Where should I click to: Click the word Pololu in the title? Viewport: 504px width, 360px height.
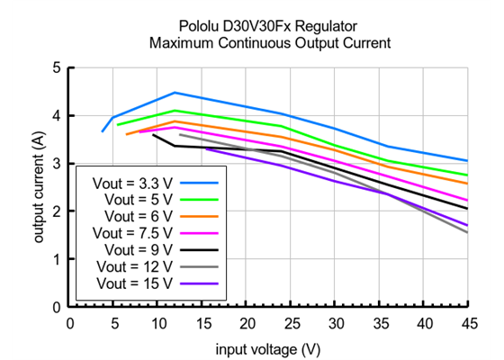[196, 26]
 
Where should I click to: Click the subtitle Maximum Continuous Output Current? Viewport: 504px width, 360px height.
[268, 42]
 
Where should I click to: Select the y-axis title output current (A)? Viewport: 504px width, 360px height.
[40, 187]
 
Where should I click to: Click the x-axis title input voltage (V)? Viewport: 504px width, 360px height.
[268, 347]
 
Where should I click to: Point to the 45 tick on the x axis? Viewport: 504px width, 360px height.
[467, 322]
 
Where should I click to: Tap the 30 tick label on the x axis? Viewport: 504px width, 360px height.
[335, 322]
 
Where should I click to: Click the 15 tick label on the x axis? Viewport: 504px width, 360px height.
[202, 322]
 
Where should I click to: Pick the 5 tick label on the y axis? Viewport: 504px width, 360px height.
[58, 67]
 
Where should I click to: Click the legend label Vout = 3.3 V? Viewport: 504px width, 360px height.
[133, 183]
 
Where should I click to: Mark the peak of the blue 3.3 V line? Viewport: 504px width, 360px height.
[175, 93]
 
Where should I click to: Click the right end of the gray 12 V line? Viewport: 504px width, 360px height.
[467, 232]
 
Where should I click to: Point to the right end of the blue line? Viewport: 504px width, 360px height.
[467, 161]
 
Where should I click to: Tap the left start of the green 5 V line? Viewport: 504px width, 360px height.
[118, 125]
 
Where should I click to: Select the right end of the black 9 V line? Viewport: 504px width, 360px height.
[467, 209]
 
